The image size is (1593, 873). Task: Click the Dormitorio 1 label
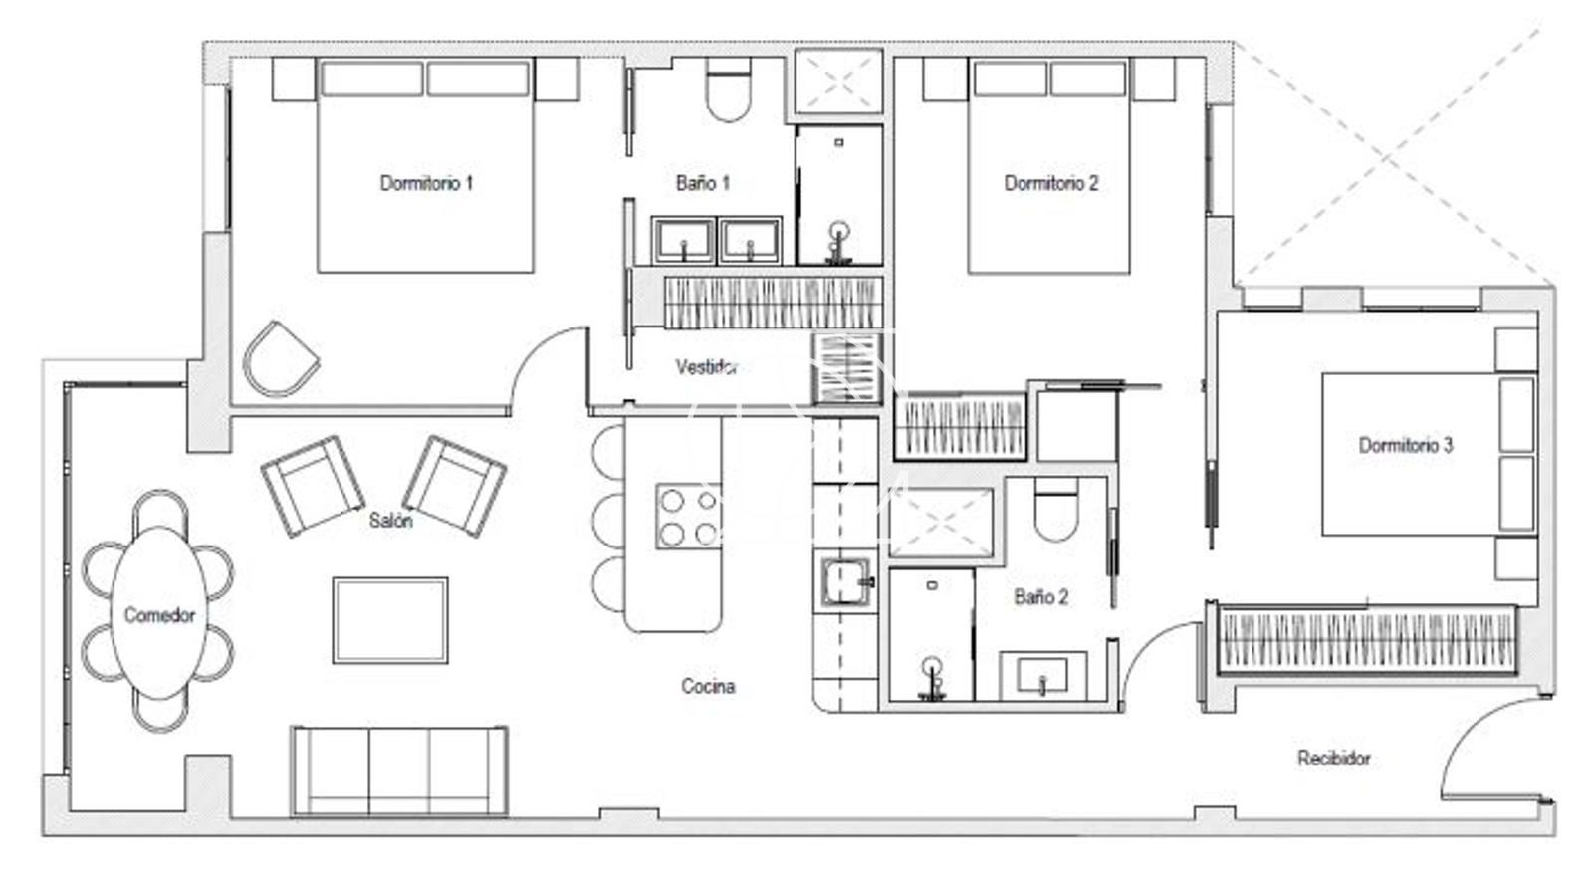tap(426, 183)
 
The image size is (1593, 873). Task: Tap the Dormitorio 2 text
tap(1050, 183)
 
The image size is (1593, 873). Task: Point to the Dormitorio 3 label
tap(1405, 445)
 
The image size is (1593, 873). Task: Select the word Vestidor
tap(706, 367)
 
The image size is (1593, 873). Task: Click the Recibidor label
tap(1333, 759)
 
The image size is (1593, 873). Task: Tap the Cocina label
tap(708, 686)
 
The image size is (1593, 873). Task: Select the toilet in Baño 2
tap(1056, 509)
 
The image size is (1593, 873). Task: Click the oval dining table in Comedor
tap(158, 613)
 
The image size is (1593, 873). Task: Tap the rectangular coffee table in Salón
tap(390, 620)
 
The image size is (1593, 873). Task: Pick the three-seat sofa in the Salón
tap(399, 769)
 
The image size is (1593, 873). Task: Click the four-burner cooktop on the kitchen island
tap(688, 516)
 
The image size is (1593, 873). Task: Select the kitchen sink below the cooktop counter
tap(845, 582)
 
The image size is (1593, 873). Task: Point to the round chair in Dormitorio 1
tap(280, 359)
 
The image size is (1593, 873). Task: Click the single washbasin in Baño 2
tap(1042, 675)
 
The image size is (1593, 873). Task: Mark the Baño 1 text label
tap(703, 183)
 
